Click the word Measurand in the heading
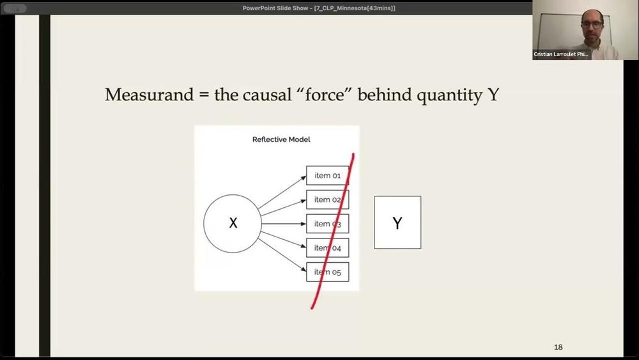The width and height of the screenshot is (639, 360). point(150,95)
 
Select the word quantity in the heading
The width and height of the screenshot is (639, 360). point(449,96)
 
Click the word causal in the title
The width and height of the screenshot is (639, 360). point(267,95)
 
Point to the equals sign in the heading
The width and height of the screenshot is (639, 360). point(204,95)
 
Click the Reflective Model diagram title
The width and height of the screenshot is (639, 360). point(281,139)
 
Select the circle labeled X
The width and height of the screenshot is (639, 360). point(233,223)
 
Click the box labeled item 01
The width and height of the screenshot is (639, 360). point(328,176)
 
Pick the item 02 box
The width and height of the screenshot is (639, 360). point(328,200)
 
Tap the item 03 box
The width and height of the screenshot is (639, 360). point(328,224)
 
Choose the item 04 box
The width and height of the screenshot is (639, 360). point(328,248)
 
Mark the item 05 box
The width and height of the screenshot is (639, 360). point(328,272)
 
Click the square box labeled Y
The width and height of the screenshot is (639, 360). point(397,222)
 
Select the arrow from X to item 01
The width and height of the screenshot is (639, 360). point(282,192)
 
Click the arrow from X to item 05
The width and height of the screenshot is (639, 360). point(282,254)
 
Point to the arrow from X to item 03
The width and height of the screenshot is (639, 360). point(284,224)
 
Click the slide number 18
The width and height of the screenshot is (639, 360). point(558,347)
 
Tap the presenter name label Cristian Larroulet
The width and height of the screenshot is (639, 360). point(561,54)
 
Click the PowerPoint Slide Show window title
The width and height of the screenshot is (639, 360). point(319,8)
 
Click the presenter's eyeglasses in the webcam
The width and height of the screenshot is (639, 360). point(592,24)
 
